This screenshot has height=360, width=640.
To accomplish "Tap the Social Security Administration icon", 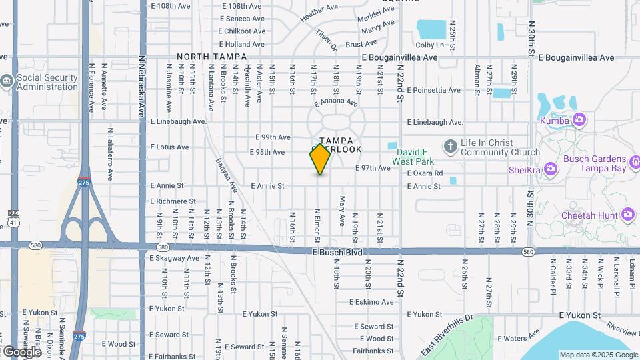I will [7, 82].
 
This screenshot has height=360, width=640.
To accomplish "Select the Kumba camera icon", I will [579, 120].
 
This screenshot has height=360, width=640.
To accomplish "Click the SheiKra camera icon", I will [551, 169].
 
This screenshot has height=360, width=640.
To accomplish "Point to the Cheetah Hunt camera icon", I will [627, 214].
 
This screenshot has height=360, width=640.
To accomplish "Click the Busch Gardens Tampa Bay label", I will [599, 163].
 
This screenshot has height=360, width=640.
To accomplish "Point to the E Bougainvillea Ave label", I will [399, 58].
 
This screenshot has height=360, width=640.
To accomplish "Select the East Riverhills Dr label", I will [446, 337].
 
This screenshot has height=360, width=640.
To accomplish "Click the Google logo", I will [22, 351].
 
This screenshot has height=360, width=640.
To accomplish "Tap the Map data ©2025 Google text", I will [599, 355].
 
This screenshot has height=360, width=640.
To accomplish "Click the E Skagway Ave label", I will [175, 258].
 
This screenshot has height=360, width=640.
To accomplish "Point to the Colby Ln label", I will [429, 45].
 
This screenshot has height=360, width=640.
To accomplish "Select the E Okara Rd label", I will [425, 173].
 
